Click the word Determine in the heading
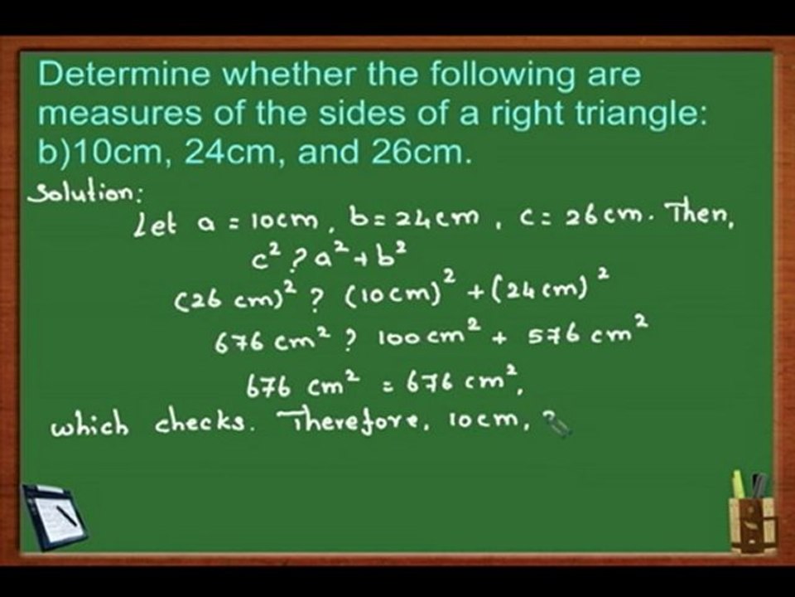[x=105, y=75]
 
